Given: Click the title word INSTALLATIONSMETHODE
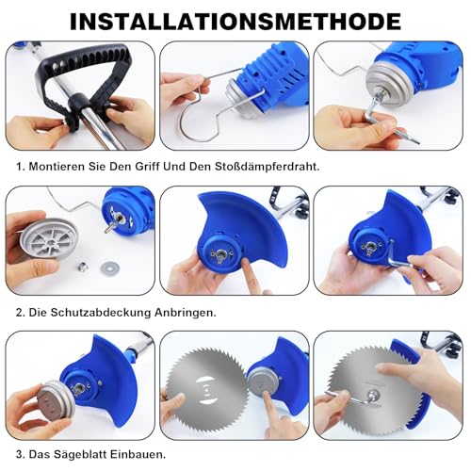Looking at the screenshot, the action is pos(235,22).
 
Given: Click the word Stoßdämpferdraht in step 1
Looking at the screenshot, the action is pos(267,167).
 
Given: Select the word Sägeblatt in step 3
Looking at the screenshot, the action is pos(80,454).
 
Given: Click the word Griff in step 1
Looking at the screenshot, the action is pos(148,167).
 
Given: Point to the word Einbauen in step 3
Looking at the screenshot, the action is pos(138,454).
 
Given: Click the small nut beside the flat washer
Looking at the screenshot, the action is pos(83,267).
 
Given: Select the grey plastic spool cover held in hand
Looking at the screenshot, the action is pos(49,238).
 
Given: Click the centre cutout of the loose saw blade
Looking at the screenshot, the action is pos(206,390).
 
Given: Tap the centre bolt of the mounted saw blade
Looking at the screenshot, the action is pos(374,395).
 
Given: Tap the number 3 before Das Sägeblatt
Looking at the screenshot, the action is pos(20,454).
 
